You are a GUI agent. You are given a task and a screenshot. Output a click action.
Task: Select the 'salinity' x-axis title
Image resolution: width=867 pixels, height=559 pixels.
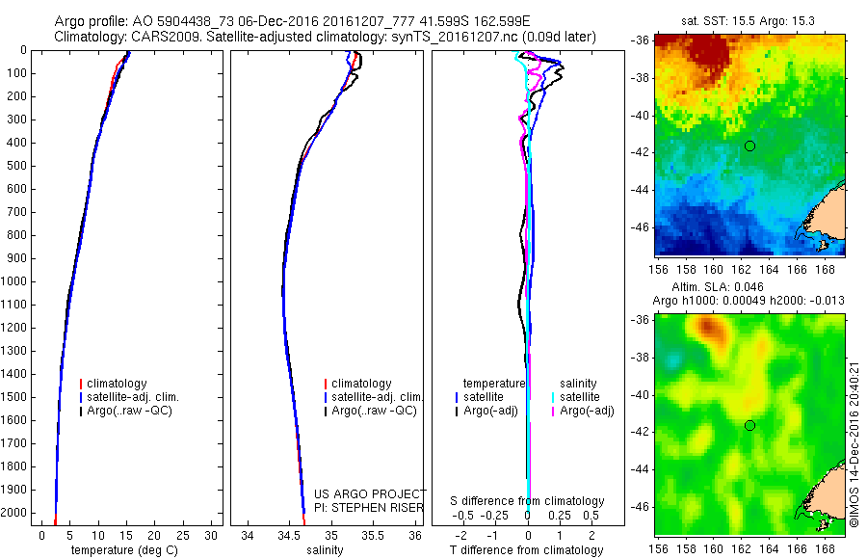tap(326, 550)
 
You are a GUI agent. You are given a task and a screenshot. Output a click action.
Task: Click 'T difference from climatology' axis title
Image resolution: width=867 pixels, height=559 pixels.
tap(528, 550)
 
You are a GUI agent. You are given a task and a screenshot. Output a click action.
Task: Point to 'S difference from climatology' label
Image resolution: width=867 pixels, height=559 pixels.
tap(528, 501)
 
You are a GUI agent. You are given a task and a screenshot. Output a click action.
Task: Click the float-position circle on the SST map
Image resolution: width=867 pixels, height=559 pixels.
tap(749, 146)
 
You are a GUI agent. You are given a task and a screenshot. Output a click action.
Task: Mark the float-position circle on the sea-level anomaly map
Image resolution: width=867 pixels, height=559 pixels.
tap(749, 425)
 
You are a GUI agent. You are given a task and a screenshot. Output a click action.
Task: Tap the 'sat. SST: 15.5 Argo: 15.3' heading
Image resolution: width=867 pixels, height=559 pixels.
tap(749, 19)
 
